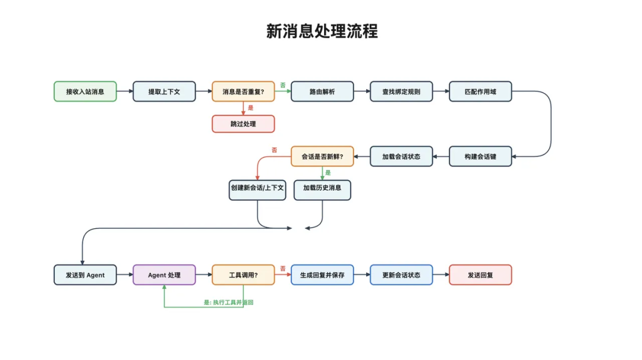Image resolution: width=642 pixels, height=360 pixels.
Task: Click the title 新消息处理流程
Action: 322,31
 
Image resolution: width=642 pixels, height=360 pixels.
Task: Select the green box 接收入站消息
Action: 85,91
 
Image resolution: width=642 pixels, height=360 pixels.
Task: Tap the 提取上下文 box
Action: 164,91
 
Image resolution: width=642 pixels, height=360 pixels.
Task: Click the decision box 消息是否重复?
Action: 243,91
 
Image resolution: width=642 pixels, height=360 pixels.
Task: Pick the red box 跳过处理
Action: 243,124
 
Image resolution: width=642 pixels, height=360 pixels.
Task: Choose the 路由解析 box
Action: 322,91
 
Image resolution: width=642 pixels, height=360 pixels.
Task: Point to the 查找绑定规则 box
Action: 401,91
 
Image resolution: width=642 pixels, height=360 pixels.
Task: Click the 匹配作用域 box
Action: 480,91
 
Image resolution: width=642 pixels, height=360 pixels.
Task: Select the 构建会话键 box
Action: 480,156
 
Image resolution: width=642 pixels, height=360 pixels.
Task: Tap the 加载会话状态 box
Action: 401,156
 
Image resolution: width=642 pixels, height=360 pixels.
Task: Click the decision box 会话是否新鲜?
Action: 322,156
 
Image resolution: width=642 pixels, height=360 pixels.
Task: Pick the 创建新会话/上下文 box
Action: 257,190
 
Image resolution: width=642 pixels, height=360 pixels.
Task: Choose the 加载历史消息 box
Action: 322,190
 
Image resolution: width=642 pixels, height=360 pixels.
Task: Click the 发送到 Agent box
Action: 85,275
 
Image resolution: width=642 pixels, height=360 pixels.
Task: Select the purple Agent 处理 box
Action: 164,275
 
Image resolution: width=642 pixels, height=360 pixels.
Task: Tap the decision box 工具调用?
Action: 243,275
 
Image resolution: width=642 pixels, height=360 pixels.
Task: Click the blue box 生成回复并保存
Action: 322,275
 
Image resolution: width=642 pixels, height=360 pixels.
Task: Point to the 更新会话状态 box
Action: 401,275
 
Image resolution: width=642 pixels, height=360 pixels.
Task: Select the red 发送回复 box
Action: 480,275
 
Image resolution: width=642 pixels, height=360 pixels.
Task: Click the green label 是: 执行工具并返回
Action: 229,302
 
